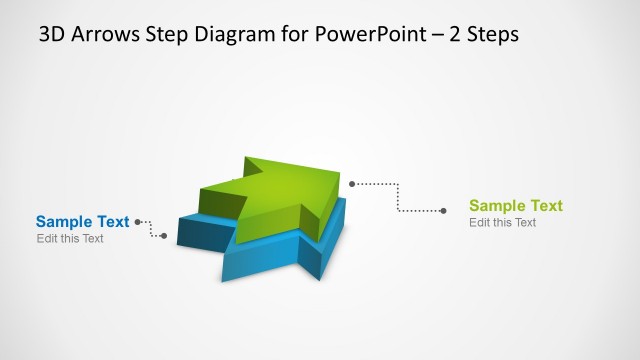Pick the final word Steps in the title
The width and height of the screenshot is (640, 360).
[487, 34]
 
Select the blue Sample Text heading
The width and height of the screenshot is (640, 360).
[82, 222]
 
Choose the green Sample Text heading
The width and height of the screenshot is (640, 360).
[515, 206]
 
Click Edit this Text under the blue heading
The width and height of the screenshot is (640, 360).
[70, 239]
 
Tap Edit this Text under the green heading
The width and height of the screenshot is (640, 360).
[503, 222]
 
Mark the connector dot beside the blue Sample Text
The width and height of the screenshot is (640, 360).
[137, 222]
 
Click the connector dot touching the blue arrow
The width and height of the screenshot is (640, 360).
[164, 236]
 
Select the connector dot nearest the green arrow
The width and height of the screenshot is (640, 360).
[352, 183]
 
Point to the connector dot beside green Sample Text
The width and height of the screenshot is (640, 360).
[443, 210]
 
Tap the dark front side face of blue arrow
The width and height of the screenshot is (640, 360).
[200, 234]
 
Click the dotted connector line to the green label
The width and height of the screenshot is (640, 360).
[399, 196]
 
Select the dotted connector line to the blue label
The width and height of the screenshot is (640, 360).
[151, 229]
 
